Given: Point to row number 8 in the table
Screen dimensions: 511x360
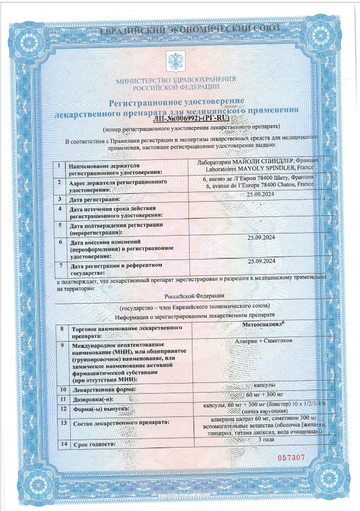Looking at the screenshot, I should tap(61, 329).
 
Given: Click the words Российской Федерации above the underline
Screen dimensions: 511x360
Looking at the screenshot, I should tap(194, 296).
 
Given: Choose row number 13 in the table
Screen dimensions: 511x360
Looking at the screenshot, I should tap(62, 422).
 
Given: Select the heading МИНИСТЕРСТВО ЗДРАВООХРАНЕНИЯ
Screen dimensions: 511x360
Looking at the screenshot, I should tap(175, 80).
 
